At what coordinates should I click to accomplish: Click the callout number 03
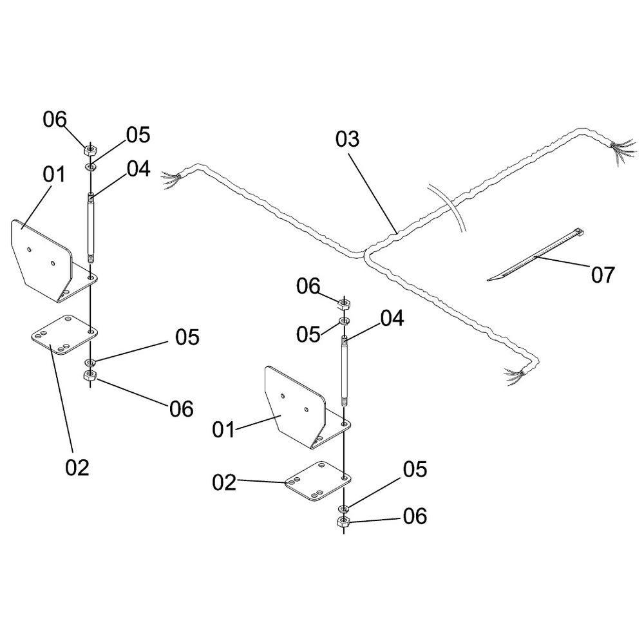347,139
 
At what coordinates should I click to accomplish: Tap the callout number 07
603,275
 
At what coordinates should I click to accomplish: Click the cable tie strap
536,255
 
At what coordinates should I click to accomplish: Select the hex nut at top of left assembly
90,149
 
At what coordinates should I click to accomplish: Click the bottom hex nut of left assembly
90,375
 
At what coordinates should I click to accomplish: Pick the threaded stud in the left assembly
90,227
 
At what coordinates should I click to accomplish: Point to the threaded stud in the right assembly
344,370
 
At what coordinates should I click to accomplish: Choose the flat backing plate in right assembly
318,481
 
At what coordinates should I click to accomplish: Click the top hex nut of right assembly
344,305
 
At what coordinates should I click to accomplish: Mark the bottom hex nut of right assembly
343,522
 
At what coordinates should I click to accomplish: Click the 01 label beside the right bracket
223,430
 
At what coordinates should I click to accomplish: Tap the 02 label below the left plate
77,468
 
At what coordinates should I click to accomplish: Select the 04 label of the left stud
138,169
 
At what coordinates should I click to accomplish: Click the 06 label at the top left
55,120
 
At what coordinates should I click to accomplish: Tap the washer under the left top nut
90,167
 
